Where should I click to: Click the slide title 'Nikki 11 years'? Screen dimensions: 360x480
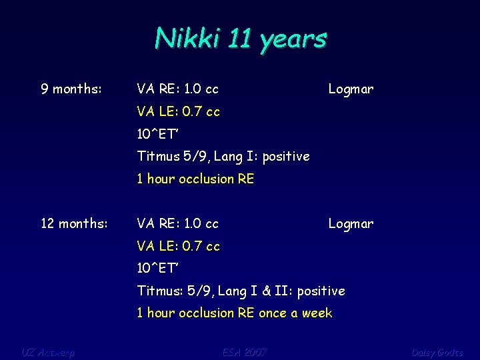click(x=240, y=39)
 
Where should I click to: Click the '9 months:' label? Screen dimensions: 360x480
click(x=71, y=89)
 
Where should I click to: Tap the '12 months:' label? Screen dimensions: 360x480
click(x=74, y=223)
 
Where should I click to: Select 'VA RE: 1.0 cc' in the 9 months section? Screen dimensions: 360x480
click(x=177, y=89)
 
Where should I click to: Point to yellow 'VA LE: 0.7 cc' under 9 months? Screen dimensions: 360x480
click(x=178, y=111)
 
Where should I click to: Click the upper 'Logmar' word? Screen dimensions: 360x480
click(x=351, y=89)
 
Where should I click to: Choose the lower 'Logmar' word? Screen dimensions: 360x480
click(x=351, y=223)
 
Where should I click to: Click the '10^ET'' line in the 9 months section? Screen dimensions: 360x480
click(x=158, y=134)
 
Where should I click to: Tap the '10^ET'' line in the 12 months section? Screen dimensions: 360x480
click(x=158, y=268)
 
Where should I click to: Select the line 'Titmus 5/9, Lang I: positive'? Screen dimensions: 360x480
click(x=223, y=157)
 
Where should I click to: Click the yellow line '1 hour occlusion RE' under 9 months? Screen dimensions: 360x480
click(x=195, y=179)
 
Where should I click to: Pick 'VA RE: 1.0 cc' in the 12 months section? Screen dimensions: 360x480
click(x=177, y=223)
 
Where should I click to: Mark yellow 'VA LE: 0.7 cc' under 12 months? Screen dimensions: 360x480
click(x=178, y=246)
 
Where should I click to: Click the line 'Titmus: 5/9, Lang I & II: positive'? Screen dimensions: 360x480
click(x=241, y=291)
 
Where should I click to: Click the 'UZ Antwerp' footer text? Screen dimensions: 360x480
click(x=48, y=351)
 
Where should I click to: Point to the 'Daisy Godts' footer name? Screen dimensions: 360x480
click(x=437, y=351)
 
